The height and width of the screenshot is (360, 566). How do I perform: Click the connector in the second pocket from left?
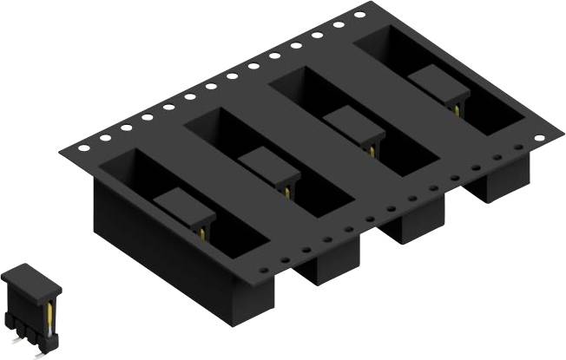click(x=269, y=164)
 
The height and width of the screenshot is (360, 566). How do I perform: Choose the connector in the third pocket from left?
click(x=353, y=124)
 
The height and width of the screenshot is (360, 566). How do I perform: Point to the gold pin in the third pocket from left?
click(x=372, y=148)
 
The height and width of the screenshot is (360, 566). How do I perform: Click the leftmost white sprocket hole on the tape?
click(x=83, y=147)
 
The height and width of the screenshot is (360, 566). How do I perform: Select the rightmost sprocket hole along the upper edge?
click(x=359, y=15)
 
